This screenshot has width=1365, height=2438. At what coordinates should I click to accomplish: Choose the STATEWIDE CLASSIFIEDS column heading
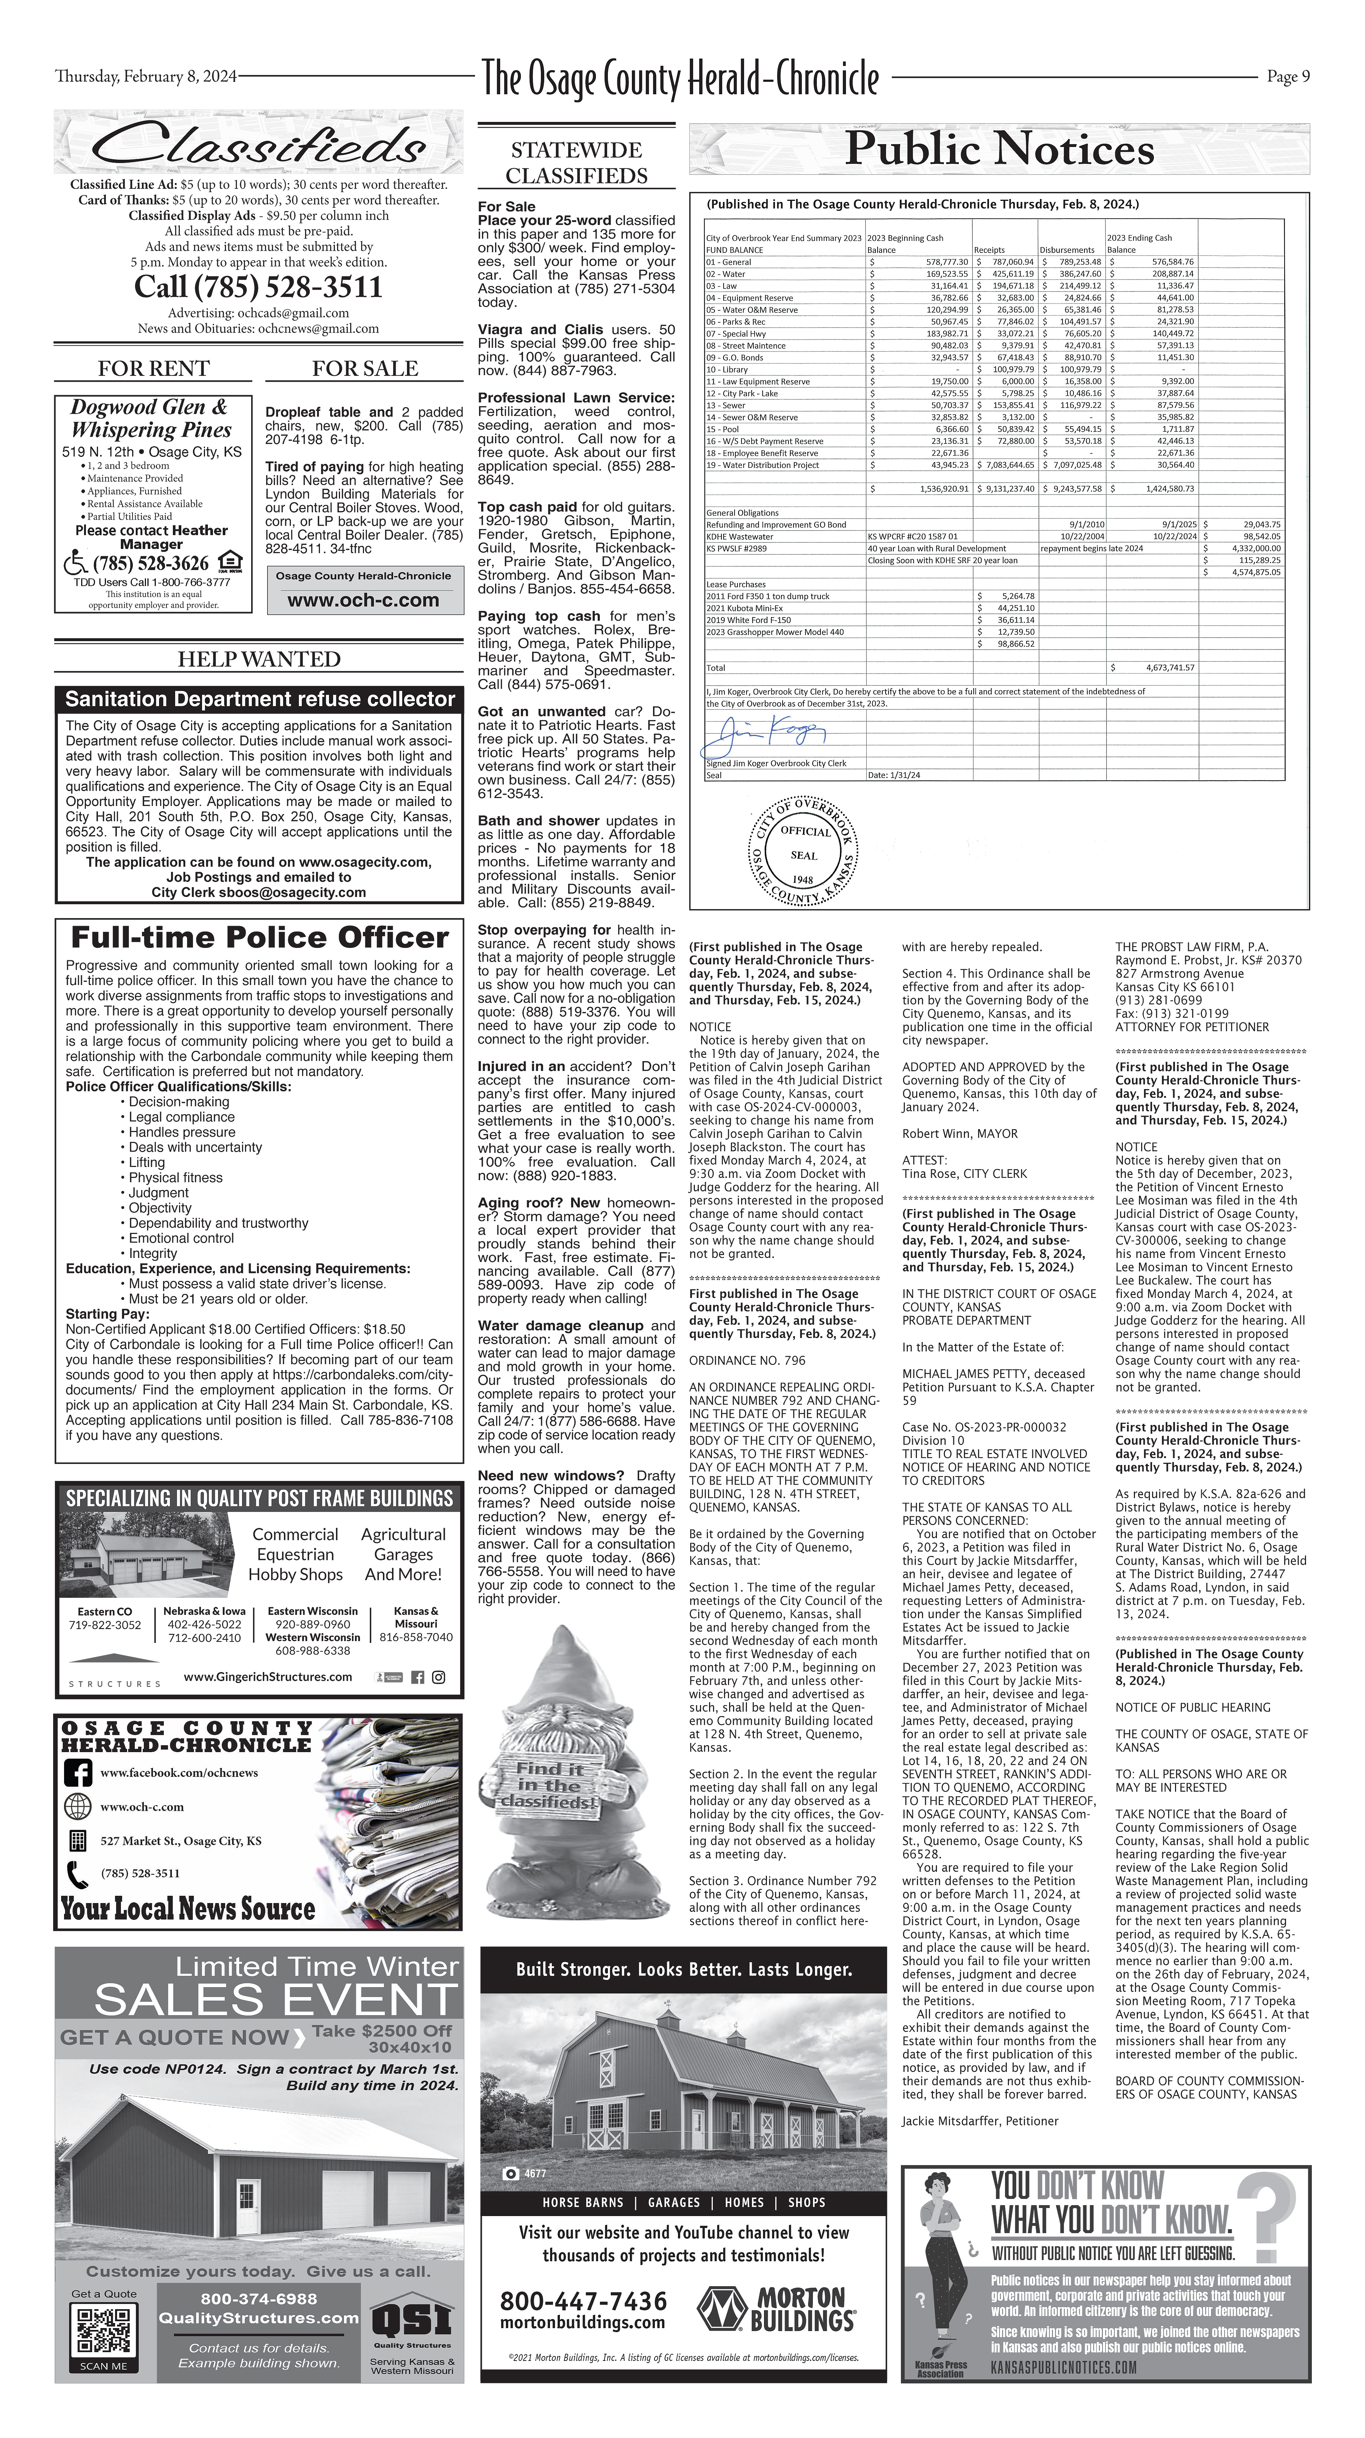(577, 163)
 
